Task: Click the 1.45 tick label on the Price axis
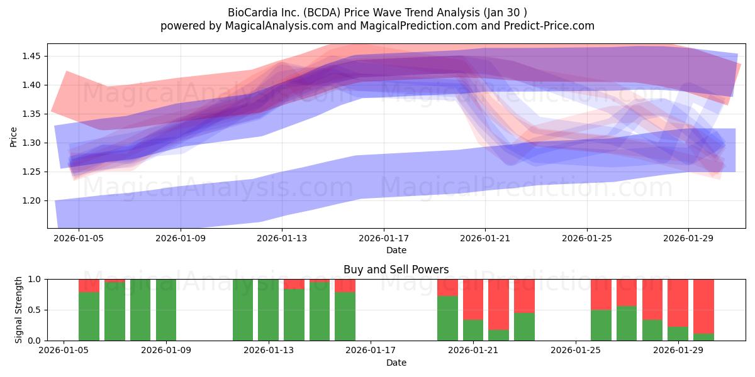[31, 56]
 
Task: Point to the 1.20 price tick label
[31, 200]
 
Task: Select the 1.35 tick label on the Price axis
[31, 114]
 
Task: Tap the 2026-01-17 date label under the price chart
[384, 238]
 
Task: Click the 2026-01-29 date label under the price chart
[688, 238]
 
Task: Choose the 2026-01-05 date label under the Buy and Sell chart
[64, 351]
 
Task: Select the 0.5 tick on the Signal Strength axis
[35, 310]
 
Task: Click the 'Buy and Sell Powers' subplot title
[396, 270]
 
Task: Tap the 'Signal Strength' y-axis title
[18, 310]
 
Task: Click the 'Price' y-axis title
[13, 137]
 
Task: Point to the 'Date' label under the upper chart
[396, 250]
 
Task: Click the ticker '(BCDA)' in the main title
[322, 13]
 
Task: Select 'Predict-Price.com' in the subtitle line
[549, 26]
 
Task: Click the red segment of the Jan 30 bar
[703, 307]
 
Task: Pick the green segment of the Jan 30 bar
[703, 337]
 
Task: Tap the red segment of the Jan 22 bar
[498, 305]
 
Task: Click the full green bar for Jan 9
[166, 310]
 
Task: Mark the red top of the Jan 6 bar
[89, 286]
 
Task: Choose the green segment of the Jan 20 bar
[447, 318]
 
